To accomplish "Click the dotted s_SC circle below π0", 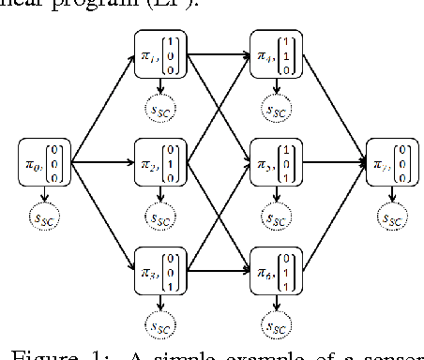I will [43, 219].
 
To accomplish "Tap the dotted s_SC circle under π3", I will [160, 324].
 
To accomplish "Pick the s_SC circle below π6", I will [274, 324].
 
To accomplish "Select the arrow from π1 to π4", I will [218, 54].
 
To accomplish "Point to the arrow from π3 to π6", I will [218, 265].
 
